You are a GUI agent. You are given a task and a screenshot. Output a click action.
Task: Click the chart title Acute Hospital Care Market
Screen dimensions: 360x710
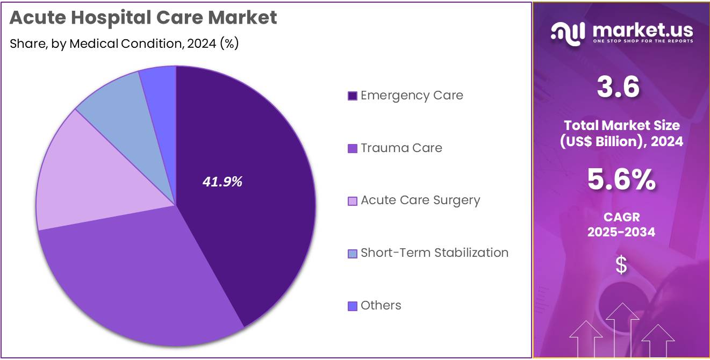pos(144,18)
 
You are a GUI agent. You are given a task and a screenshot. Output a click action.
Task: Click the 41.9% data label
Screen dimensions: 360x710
pos(222,182)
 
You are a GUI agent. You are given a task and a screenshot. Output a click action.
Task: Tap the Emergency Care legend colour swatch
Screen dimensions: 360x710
pos(353,96)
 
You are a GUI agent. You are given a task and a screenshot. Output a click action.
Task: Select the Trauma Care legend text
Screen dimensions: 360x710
pos(401,148)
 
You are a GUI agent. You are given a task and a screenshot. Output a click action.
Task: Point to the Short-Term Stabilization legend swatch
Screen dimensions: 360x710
pos(353,253)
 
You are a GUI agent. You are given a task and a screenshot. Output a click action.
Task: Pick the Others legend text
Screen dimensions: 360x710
pos(381,305)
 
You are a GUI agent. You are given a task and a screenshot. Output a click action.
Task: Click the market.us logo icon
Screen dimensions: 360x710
pos(568,33)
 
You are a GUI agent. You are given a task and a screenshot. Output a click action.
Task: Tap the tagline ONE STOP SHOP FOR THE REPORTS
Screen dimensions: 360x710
pos(643,41)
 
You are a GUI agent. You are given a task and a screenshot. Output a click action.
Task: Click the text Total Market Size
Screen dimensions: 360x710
pos(621,125)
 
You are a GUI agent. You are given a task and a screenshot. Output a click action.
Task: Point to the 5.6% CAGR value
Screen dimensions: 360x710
pos(621,180)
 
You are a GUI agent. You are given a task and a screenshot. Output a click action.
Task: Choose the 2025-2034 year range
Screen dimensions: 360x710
pos(621,232)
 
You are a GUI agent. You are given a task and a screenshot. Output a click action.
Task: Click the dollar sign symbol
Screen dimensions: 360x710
pos(621,265)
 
